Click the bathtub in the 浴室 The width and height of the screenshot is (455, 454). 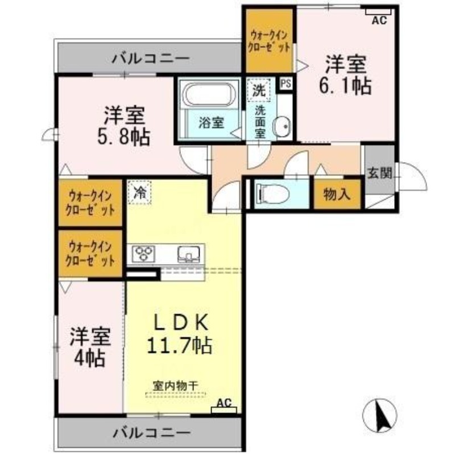coord(209,94)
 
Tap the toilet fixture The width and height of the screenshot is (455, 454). coord(272,193)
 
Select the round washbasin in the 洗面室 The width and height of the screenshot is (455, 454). coord(281,126)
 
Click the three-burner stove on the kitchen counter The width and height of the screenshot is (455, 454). coord(143,253)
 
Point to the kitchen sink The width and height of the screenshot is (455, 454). coord(189,254)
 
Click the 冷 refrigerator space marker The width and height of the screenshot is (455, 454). coord(139,192)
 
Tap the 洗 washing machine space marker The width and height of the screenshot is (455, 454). coord(259,90)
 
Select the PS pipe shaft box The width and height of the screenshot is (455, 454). coord(286,84)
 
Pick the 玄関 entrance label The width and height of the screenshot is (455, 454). coord(379,174)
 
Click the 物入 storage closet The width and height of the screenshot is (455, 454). coord(337,194)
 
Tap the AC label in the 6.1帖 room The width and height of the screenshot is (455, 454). coord(379,20)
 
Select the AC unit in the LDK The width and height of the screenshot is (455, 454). coord(224,410)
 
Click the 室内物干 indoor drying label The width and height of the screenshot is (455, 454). coord(176,386)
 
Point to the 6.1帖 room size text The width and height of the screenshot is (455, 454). coord(345,86)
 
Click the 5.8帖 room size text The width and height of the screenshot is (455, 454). coord(123,137)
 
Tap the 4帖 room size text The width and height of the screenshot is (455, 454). coord(89,359)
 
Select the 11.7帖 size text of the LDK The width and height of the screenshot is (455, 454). coord(179,345)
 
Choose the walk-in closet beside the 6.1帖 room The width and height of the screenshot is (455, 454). coord(269,40)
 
